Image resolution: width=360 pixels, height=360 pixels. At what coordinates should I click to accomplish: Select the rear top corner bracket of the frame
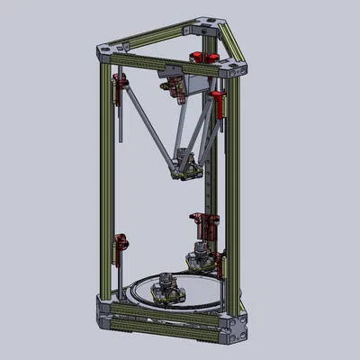(x=206, y=31)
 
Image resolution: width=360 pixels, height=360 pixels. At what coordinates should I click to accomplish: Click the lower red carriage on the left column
(x=119, y=242)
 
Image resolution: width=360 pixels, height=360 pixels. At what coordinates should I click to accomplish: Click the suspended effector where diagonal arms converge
(x=187, y=162)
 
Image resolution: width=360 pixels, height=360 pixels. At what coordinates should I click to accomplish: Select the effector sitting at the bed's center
(x=166, y=287)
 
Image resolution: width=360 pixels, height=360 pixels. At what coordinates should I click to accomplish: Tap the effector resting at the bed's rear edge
(x=202, y=259)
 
